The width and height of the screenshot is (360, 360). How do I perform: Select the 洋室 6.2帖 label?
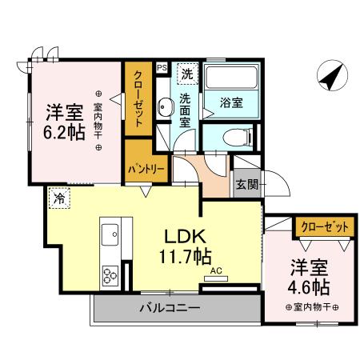click(65, 122)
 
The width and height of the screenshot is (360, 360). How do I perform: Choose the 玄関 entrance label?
click(246, 186)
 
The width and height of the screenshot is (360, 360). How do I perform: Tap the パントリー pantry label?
click(146, 170)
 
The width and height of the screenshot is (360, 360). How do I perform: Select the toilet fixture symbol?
click(235, 135)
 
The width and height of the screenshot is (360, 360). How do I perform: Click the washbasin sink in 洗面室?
click(165, 106)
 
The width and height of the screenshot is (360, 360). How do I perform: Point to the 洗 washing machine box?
click(186, 74)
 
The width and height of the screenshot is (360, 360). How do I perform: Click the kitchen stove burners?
click(108, 278)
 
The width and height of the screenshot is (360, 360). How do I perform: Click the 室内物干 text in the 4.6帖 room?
click(312, 307)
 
